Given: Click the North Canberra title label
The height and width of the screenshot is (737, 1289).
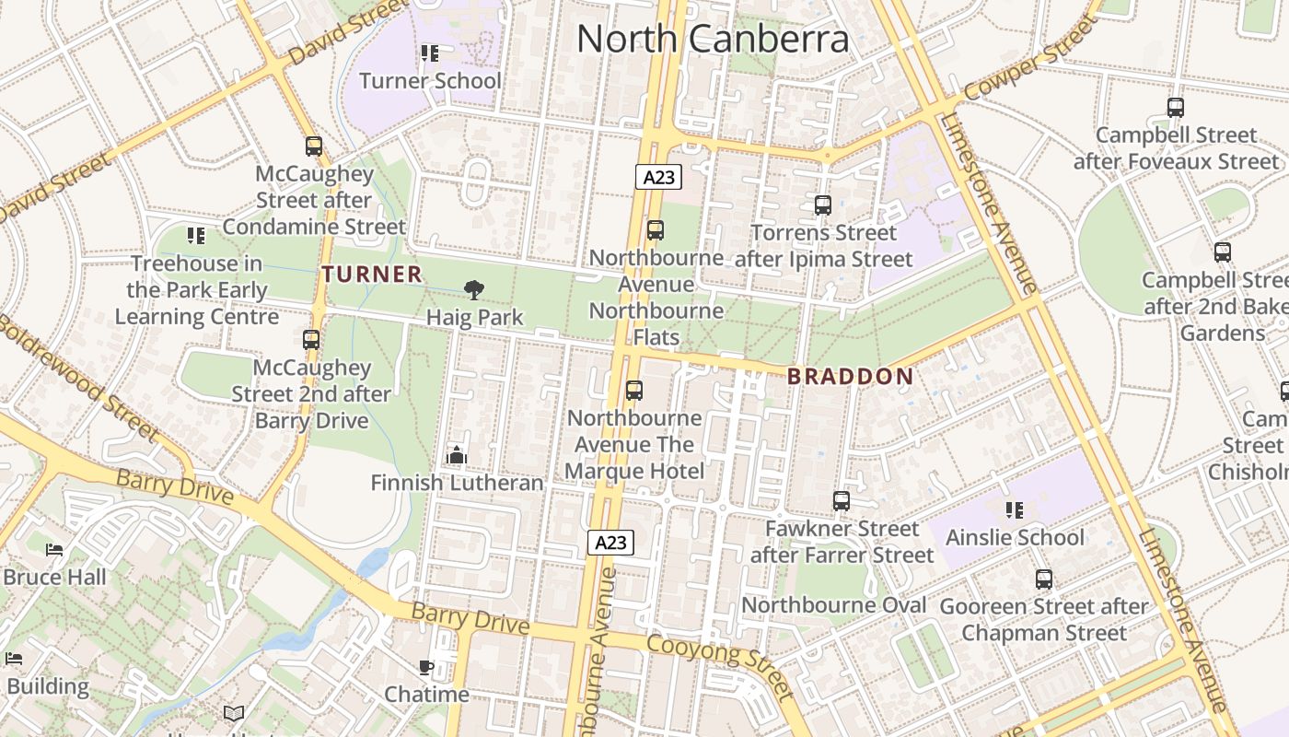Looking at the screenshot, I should tap(712, 39).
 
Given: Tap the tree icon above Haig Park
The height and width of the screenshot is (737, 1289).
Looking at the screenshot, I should tap(474, 290).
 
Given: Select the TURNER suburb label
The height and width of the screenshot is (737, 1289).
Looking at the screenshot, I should tap(372, 274).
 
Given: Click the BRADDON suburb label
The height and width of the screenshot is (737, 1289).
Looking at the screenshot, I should tap(851, 376).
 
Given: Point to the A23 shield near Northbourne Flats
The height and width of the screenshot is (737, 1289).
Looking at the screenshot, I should tap(658, 177).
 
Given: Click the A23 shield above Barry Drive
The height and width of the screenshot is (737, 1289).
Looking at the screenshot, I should tap(610, 543).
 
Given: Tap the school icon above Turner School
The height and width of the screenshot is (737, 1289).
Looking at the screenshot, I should tap(429, 53).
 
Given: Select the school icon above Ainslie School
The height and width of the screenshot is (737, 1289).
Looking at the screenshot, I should tap(1015, 509).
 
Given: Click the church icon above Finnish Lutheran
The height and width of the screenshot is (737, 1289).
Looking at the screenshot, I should tap(457, 455).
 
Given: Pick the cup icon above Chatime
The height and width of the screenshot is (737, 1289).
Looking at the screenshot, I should tap(425, 667).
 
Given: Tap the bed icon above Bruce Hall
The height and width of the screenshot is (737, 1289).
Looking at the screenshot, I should tap(54, 550).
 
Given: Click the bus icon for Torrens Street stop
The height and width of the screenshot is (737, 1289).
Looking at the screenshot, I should tap(823, 205).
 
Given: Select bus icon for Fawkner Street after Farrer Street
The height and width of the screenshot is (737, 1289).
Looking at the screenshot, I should tap(841, 501).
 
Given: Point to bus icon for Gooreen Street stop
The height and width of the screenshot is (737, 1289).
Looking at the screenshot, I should tap(1043, 579).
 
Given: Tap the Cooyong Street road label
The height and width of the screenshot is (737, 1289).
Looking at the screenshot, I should tap(719, 665).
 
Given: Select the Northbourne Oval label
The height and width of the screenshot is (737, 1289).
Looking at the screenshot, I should tap(833, 605).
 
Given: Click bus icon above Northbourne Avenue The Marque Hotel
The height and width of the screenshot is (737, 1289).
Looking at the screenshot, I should tap(634, 391).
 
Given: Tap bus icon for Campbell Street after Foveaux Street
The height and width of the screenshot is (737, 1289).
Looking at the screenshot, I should tap(1175, 108).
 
